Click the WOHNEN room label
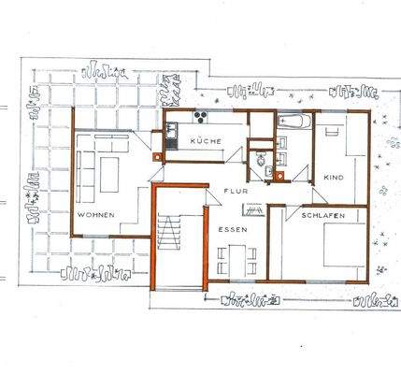96,215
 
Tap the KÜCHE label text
204,140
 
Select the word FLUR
233,191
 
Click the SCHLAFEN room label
323,215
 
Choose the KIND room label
334,177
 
